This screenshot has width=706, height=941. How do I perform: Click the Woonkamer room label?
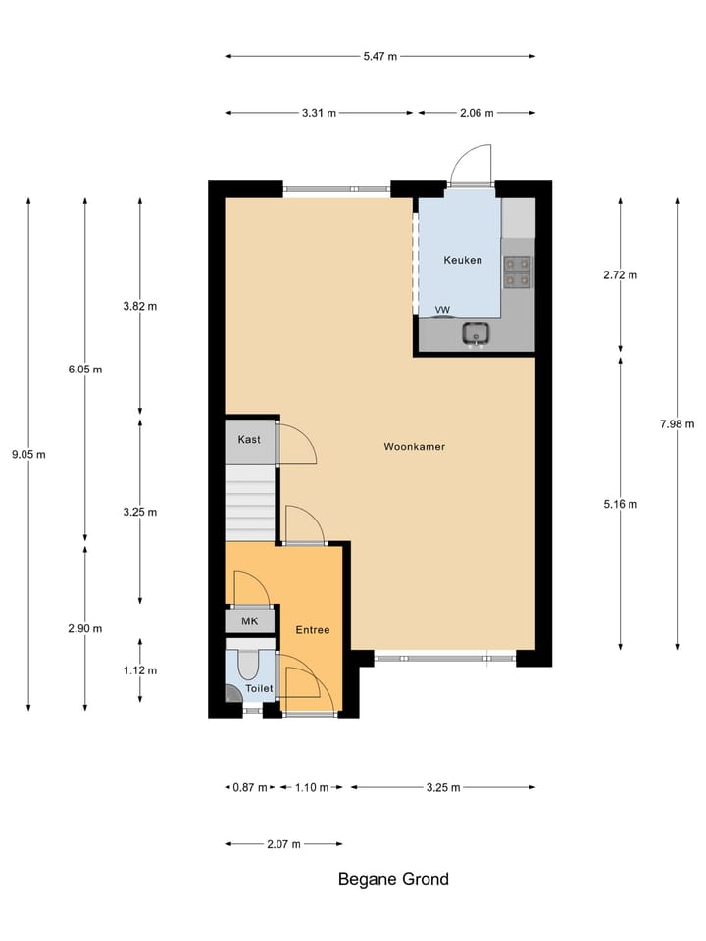pyautogui.click(x=415, y=446)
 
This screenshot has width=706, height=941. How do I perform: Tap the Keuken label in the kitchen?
pyautogui.click(x=463, y=260)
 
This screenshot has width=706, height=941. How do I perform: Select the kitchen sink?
pyautogui.click(x=477, y=334)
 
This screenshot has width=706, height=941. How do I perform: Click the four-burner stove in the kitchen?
pyautogui.click(x=518, y=272)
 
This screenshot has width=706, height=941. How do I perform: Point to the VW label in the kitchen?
pyautogui.click(x=442, y=310)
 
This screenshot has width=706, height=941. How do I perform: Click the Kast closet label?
pyautogui.click(x=249, y=440)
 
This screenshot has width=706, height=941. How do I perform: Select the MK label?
pyautogui.click(x=249, y=621)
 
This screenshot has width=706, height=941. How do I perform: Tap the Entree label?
pyautogui.click(x=313, y=630)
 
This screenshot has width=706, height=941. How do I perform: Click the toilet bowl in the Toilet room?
pyautogui.click(x=248, y=666)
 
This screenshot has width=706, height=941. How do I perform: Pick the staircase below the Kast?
pyautogui.click(x=251, y=502)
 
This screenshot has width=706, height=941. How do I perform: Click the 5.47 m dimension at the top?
pyautogui.click(x=380, y=56)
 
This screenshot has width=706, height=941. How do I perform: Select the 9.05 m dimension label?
pyautogui.click(x=27, y=454)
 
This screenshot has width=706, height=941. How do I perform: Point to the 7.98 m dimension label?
pyautogui.click(x=677, y=423)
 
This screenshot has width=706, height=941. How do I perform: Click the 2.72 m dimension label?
pyautogui.click(x=620, y=274)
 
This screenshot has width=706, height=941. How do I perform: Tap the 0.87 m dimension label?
pyautogui.click(x=249, y=787)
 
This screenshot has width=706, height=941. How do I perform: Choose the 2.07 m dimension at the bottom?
pyautogui.click(x=283, y=843)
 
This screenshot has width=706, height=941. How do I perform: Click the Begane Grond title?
pyautogui.click(x=393, y=879)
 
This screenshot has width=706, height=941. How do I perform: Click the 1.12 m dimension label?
pyautogui.click(x=140, y=670)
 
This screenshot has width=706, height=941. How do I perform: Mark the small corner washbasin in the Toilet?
pyautogui.click(x=231, y=693)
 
